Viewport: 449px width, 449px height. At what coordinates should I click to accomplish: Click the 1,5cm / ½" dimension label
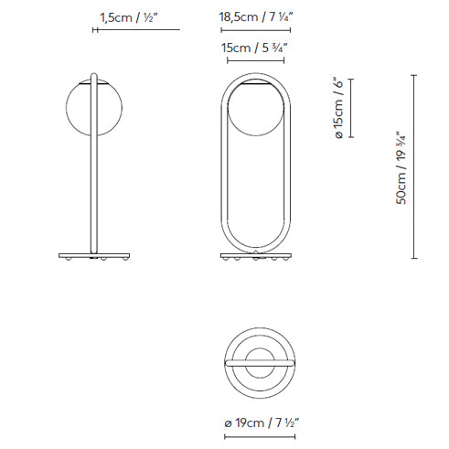tap(129, 17)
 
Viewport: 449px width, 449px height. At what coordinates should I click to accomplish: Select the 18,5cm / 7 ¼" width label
tap(256, 16)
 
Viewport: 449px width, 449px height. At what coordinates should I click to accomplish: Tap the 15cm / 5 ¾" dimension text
tap(254, 48)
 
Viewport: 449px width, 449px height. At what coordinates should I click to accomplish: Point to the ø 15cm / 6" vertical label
tap(338, 107)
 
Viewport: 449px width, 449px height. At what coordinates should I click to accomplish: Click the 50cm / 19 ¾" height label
tap(401, 167)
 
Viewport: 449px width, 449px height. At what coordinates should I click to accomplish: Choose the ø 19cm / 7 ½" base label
tap(262, 423)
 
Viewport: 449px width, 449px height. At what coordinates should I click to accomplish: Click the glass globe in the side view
tap(94, 107)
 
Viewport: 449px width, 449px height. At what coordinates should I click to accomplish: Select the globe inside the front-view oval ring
tap(256, 109)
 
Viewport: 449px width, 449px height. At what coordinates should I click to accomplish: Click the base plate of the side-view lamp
tap(94, 256)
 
